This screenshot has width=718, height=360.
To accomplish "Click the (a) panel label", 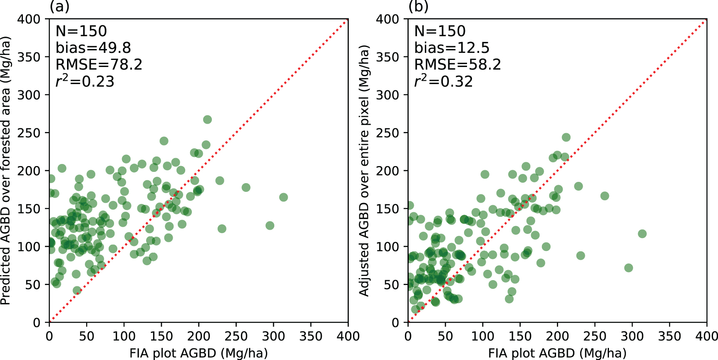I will pos(59,7).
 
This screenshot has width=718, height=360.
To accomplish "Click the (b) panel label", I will pos(418,7).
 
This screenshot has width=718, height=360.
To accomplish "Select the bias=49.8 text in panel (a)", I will pos(93,48).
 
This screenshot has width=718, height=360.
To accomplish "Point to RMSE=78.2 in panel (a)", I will pos(99,65).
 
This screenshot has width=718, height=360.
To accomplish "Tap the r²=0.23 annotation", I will pos(85,81).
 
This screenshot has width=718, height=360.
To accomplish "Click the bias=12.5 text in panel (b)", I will pos(452,48).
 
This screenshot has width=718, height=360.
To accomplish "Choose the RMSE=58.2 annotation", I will pos(457,65).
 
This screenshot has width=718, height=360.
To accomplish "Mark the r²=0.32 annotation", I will pos(443,81).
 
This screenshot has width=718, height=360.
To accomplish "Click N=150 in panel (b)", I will pos(440,31).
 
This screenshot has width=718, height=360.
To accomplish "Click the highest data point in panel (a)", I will pos(207,119).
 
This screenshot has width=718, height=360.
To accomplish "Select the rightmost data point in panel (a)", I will pos(283,197).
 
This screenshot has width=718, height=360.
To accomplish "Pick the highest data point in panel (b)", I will pos(566,137).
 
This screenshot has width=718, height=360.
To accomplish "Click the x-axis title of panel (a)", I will pos(199,353).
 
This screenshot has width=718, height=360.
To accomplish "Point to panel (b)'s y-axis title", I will pos(364,171).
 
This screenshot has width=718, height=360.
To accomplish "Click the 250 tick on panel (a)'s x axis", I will pos(236,336).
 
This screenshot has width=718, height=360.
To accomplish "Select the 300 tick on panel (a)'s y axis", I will pos(29,95).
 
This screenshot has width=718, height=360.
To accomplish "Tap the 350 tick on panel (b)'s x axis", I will pos(670,336).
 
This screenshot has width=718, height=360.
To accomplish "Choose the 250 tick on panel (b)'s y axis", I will pos(388,133).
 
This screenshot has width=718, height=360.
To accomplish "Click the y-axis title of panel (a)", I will pos(5,171).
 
